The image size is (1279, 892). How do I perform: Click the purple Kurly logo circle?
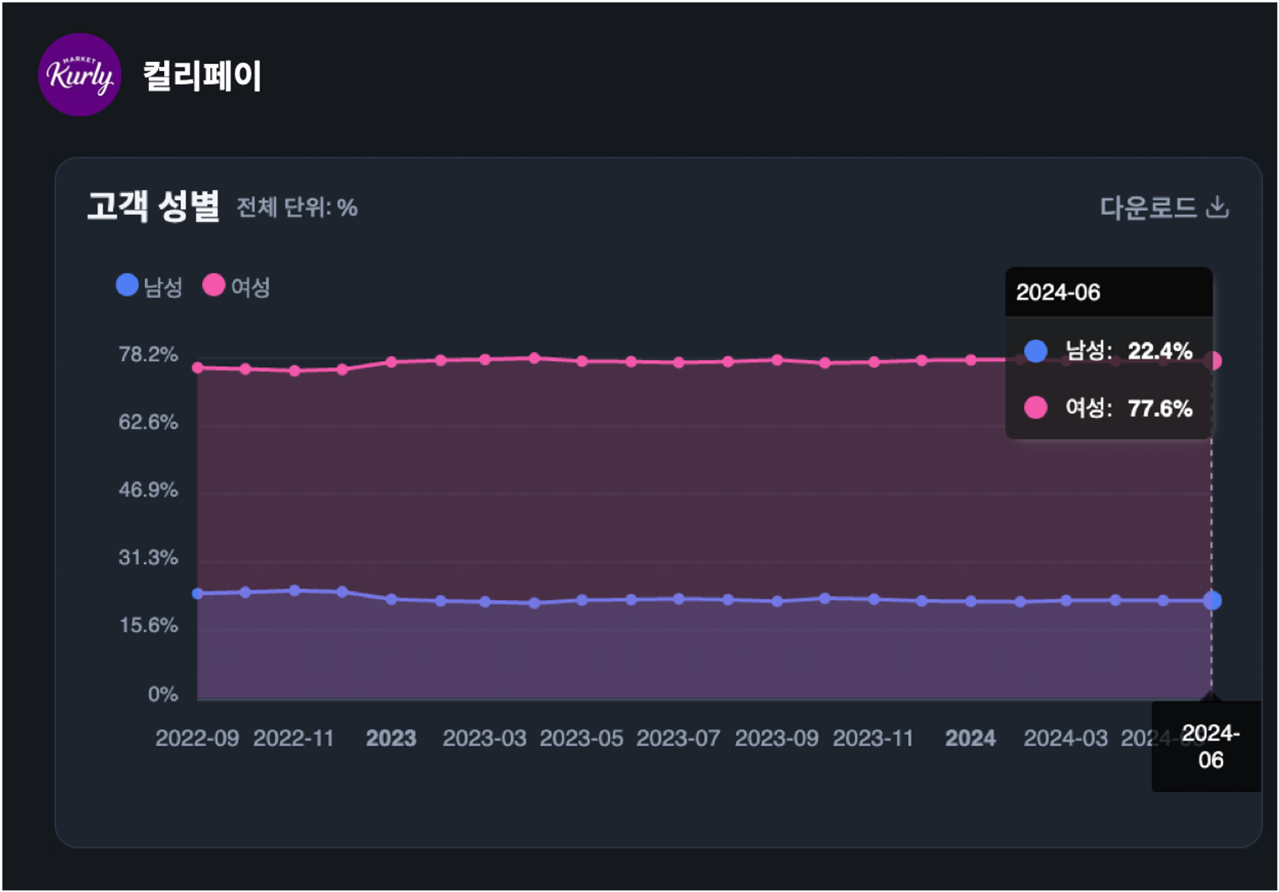pyautogui.click(x=80, y=75)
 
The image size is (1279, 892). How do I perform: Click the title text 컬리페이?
pyautogui.click(x=202, y=76)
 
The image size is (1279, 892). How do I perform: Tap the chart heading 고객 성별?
pyautogui.click(x=153, y=206)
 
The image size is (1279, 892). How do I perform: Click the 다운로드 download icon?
pyautogui.click(x=1217, y=207)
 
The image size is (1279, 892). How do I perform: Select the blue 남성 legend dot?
pyautogui.click(x=127, y=285)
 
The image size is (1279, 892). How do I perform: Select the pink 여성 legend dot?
pyautogui.click(x=214, y=285)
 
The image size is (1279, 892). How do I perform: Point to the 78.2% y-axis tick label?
pyautogui.click(x=148, y=354)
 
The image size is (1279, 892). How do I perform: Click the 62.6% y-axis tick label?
pyautogui.click(x=148, y=422)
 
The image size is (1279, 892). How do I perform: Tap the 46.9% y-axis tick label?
pyautogui.click(x=148, y=490)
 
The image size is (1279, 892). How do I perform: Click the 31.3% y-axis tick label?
pyautogui.click(x=148, y=558)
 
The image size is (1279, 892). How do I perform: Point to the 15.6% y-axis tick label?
pyautogui.click(x=148, y=626)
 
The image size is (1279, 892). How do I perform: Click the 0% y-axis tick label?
pyautogui.click(x=162, y=694)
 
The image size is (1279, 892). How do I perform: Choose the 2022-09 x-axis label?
pyautogui.click(x=197, y=738)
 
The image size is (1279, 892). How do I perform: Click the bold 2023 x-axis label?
pyautogui.click(x=391, y=738)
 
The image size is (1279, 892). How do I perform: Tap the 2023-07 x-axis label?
pyautogui.click(x=678, y=738)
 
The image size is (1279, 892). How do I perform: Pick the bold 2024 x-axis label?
pyautogui.click(x=970, y=738)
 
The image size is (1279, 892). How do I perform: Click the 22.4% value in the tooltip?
pyautogui.click(x=1159, y=351)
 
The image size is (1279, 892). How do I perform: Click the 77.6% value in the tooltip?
pyautogui.click(x=1159, y=408)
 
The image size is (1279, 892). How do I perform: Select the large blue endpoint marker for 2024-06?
pyautogui.click(x=1212, y=600)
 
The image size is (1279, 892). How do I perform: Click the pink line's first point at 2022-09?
pyautogui.click(x=198, y=367)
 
